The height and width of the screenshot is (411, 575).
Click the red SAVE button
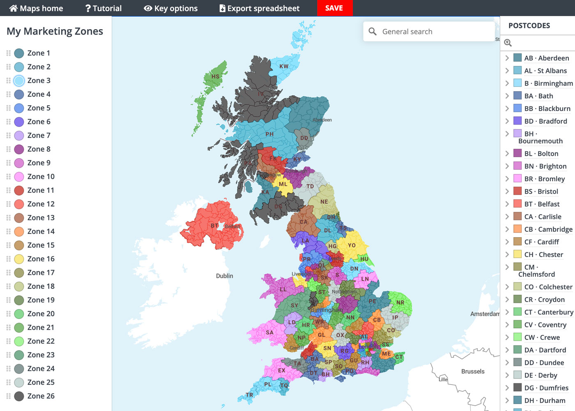coord(334,8)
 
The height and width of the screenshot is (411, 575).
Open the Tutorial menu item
coord(103,8)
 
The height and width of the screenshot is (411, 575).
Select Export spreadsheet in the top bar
coord(259,8)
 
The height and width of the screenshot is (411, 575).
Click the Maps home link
coord(36,8)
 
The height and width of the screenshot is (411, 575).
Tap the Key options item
coord(171,8)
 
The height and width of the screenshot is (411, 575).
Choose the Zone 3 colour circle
coord(19,81)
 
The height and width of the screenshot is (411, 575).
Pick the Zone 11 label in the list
coord(41,190)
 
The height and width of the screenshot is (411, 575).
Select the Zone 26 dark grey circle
coord(19,396)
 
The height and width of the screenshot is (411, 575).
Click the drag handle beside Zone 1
coord(8,53)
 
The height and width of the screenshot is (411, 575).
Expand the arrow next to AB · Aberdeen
coord(507,58)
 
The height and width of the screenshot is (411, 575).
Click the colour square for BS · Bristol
coord(517,191)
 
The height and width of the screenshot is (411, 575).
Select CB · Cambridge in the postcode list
coord(548,229)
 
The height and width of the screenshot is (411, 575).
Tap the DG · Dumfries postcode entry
coord(546,388)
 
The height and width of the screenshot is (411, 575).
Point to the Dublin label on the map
coord(224,276)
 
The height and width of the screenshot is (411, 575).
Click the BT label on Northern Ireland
coord(214,226)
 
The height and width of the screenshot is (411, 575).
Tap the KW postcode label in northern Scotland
coord(284,66)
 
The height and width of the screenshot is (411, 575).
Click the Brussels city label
coord(473,372)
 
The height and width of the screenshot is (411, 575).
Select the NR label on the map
coord(400,302)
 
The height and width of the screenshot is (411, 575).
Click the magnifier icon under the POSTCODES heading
coord(508,43)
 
